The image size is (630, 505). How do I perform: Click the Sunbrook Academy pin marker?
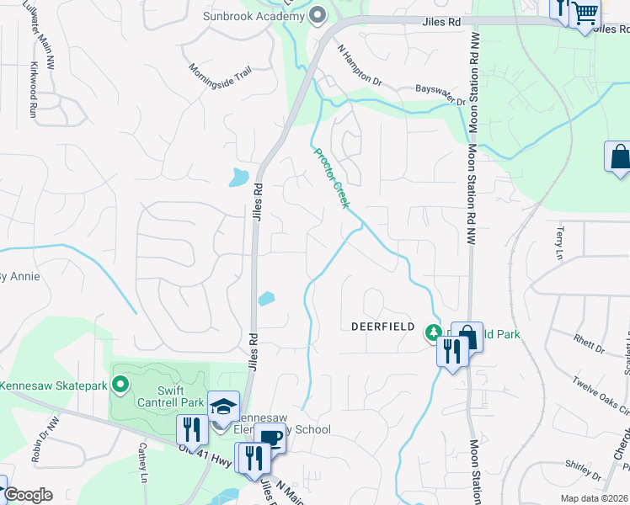318,14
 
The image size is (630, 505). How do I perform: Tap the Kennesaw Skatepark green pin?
120,385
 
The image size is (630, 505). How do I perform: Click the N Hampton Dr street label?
360,66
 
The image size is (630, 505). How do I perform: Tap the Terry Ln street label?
558,242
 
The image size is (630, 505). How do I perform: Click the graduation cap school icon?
223,407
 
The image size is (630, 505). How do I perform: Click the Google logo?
28,495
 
